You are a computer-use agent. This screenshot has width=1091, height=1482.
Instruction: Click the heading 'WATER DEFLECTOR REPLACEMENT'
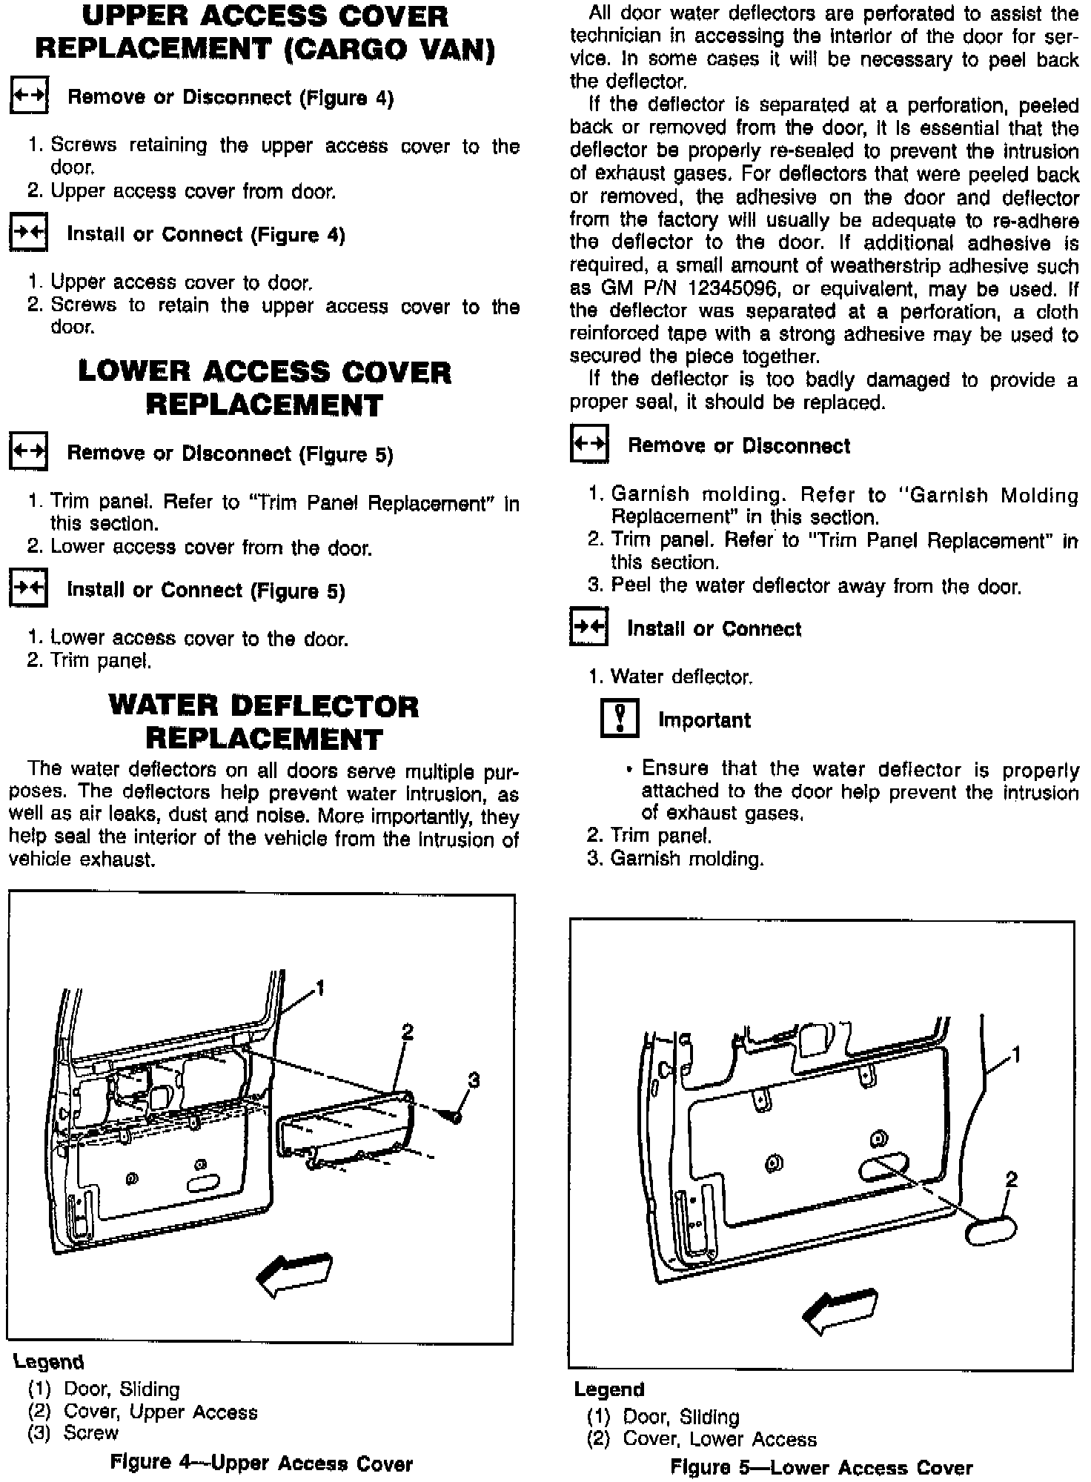point(264,722)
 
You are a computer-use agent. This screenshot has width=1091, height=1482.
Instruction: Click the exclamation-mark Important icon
point(619,719)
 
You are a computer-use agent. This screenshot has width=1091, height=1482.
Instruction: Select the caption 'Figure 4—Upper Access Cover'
point(261,1463)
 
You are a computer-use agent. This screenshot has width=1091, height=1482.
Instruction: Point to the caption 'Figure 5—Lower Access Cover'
point(821,1467)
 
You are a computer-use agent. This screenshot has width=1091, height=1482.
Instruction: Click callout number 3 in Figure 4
point(474,1080)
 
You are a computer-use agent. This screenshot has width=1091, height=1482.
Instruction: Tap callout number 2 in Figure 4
point(407,1031)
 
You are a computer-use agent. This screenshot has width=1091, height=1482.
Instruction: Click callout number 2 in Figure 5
point(1011,1179)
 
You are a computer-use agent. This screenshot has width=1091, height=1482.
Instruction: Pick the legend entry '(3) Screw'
point(73,1432)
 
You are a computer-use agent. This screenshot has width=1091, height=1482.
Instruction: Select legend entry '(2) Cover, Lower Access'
point(701,1438)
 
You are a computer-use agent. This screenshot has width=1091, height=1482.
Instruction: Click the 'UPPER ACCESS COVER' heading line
point(265,16)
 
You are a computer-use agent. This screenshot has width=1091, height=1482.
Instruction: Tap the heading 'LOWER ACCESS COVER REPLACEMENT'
point(265,388)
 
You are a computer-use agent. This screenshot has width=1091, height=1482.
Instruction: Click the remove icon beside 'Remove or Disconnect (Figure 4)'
point(28,96)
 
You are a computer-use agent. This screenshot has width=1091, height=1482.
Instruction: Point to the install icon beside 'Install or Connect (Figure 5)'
point(28,589)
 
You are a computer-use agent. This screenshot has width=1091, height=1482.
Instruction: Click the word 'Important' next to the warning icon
point(704,720)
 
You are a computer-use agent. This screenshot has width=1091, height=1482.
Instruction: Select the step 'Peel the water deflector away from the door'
point(805,586)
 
